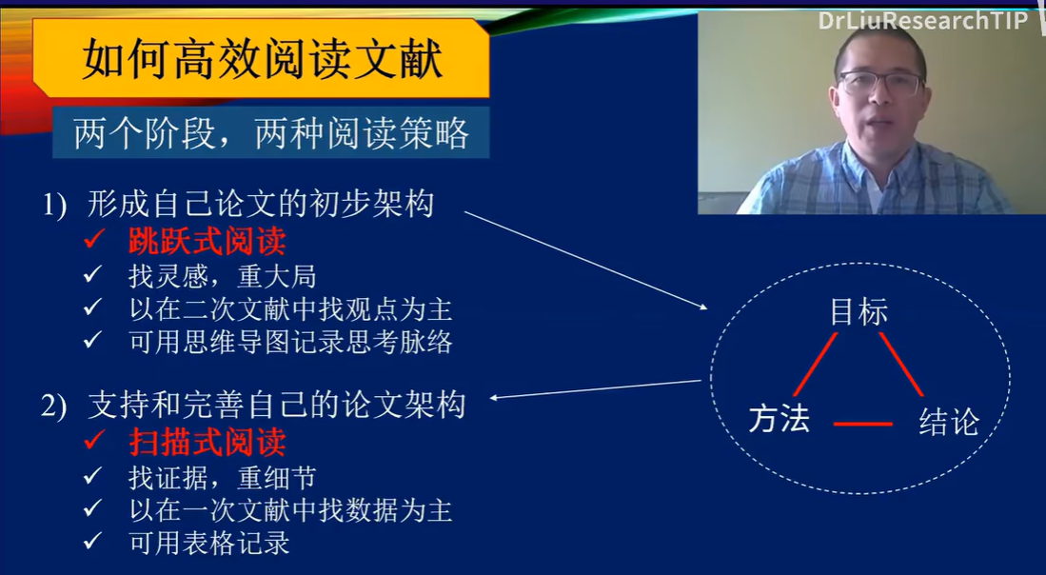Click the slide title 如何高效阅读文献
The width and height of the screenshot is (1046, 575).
tap(262, 60)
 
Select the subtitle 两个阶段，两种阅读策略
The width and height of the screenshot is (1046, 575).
tap(271, 134)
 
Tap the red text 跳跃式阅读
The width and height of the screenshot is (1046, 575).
tap(207, 242)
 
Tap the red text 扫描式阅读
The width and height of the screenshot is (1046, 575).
tap(207, 443)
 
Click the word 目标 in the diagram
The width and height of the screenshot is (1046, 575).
tap(859, 312)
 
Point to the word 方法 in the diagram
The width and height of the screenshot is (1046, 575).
tap(779, 419)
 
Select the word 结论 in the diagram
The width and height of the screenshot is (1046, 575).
tap(948, 423)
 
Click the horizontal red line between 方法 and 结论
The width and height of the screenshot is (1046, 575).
tap(863, 424)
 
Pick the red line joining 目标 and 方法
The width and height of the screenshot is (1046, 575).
tap(816, 363)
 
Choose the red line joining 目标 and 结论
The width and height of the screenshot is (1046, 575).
tap(901, 364)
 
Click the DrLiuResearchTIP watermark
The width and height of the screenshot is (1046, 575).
tap(922, 21)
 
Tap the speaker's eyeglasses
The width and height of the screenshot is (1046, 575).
tap(879, 84)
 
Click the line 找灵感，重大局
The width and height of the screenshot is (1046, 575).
tap(222, 277)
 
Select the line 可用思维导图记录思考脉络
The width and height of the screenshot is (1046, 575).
tap(290, 342)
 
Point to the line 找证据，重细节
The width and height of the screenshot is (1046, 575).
tap(222, 478)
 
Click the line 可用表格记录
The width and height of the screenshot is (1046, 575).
tap(209, 544)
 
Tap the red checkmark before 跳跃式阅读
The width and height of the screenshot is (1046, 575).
tap(93, 242)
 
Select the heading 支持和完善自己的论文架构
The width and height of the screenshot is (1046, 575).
tap(276, 405)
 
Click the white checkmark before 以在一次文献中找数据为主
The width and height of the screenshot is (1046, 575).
tap(92, 511)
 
